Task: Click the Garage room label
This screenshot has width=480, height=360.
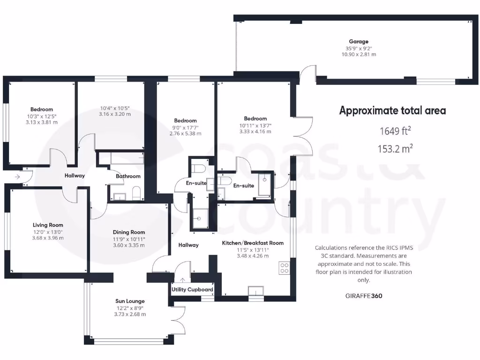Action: click(358, 41)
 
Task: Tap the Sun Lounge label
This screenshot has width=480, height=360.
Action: click(130, 301)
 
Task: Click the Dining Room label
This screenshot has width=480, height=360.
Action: click(129, 232)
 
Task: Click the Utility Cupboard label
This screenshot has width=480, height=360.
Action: click(192, 290)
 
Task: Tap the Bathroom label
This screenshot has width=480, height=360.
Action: click(128, 176)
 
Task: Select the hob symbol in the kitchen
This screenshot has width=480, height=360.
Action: click(284, 268)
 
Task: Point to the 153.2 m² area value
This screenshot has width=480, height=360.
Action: click(395, 149)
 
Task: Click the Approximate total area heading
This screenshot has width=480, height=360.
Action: click(392, 111)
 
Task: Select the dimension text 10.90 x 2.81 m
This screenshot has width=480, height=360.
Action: click(358, 54)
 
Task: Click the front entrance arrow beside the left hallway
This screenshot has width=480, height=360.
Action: click(17, 177)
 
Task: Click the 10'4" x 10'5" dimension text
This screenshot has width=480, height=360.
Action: click(115, 107)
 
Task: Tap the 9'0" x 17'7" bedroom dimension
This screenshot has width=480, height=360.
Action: click(185, 127)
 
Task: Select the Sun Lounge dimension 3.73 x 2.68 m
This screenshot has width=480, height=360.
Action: click(130, 314)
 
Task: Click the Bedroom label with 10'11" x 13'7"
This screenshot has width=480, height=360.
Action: click(255, 119)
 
